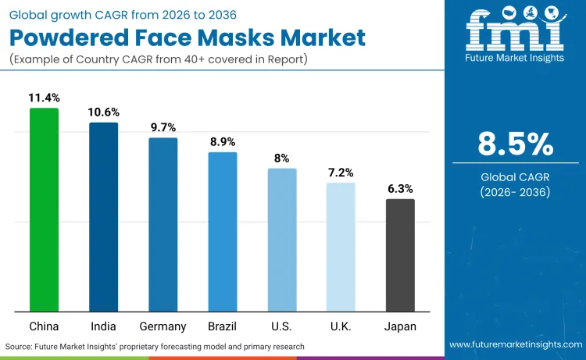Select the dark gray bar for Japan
(x=400, y=255)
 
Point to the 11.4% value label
(x=44, y=98)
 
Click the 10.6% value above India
(x=103, y=112)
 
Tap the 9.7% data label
(x=163, y=127)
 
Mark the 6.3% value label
(x=400, y=188)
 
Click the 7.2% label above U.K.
(x=341, y=173)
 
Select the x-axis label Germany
(x=163, y=326)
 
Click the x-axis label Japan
(x=400, y=326)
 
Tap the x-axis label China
(x=44, y=326)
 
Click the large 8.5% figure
(x=515, y=144)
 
